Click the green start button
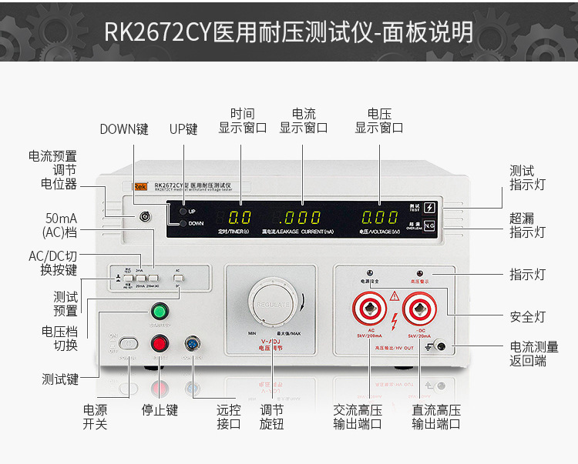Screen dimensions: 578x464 [x=159, y=312]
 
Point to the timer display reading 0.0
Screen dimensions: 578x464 [x=239, y=218]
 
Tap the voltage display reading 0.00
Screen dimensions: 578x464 [x=379, y=218]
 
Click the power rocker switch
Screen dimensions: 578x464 [x=128, y=343]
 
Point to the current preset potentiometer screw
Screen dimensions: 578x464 [x=143, y=217]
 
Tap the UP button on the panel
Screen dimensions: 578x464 [x=183, y=210]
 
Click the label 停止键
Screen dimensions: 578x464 [x=160, y=410]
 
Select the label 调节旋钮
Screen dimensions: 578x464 [x=272, y=417]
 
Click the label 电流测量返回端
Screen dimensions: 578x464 [x=528, y=354]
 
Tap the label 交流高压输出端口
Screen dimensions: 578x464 [x=358, y=417]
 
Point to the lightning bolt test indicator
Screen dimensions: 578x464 [x=430, y=208]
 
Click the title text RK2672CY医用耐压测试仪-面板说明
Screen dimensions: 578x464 [x=289, y=32]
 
